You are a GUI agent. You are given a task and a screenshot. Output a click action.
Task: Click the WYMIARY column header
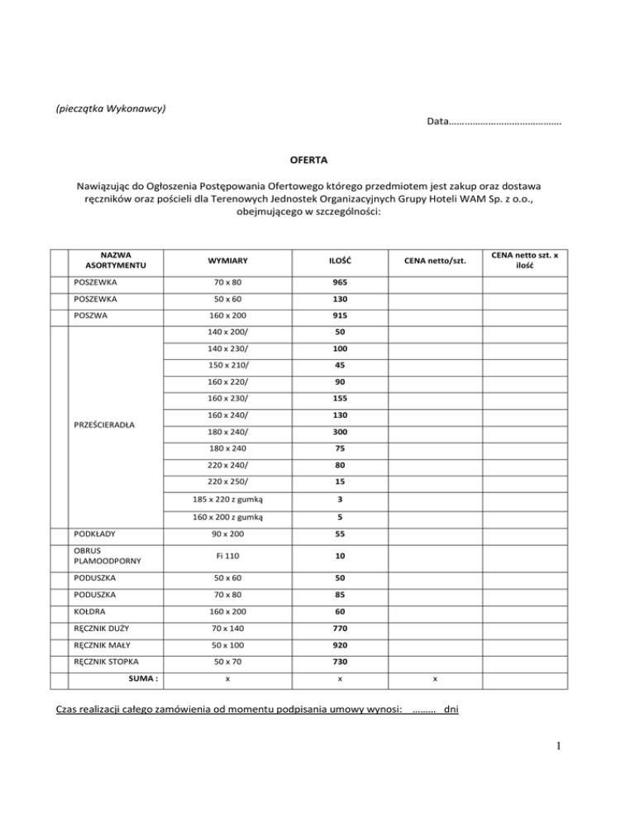228,261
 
